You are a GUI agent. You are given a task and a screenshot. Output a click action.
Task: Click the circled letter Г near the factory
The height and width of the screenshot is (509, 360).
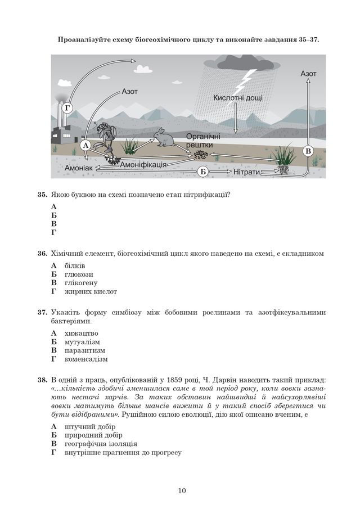click(x=69, y=108)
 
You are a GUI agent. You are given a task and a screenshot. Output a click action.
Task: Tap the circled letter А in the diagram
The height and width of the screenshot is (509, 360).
click(x=85, y=145)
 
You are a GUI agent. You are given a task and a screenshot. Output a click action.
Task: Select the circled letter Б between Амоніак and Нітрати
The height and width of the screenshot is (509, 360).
click(x=203, y=172)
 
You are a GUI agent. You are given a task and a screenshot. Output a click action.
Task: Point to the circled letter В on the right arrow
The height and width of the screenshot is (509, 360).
click(x=308, y=151)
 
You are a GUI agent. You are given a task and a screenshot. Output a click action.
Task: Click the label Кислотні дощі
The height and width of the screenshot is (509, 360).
click(x=237, y=98)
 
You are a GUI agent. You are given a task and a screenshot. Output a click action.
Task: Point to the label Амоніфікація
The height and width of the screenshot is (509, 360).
click(x=143, y=164)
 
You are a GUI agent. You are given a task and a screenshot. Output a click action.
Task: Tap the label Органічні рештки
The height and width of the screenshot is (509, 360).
click(x=203, y=141)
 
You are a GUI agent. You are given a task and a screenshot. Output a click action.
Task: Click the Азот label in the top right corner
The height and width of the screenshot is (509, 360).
click(x=308, y=73)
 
